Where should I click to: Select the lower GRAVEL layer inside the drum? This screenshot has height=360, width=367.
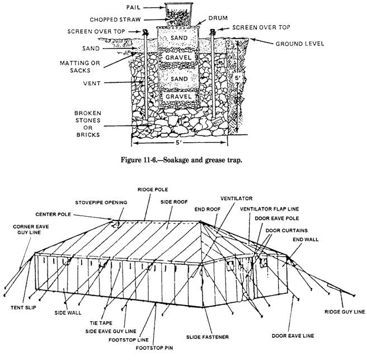pyautogui.click(x=178, y=96)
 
